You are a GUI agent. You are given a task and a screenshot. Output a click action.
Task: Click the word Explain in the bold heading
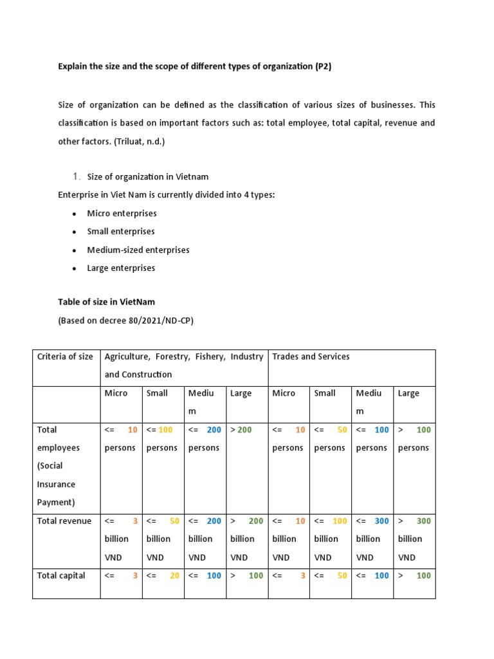click(75, 66)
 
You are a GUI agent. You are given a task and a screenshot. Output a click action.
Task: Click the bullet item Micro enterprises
click(122, 213)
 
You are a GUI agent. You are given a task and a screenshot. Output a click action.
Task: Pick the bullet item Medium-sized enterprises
click(138, 250)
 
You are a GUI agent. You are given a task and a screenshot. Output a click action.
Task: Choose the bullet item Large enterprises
click(121, 268)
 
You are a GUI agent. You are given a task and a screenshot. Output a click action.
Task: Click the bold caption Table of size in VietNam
click(106, 301)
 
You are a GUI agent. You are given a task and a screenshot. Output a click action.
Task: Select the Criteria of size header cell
click(65, 357)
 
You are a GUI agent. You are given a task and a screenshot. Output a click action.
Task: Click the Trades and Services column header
click(311, 357)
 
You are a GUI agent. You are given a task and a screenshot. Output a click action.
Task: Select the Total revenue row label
click(64, 521)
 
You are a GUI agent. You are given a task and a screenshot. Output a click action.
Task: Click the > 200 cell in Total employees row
click(241, 430)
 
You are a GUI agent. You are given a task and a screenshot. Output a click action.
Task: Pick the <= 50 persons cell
click(329, 439)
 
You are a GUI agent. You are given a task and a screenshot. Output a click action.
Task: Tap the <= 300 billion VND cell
click(372, 539)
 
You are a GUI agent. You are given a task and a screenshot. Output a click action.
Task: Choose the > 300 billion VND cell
click(414, 539)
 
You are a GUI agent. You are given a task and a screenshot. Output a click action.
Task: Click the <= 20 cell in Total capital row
click(163, 575)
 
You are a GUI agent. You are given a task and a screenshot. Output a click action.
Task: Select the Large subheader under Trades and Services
click(409, 393)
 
